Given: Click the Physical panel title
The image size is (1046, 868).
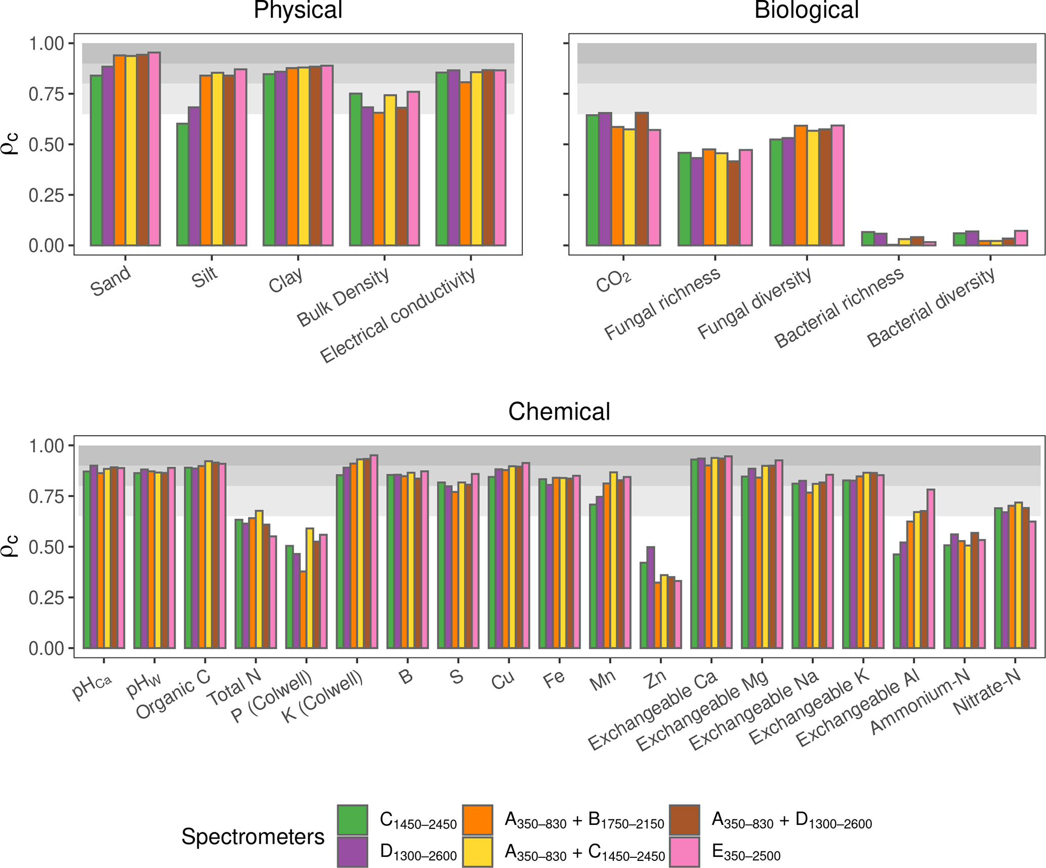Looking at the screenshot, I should tap(298, 10).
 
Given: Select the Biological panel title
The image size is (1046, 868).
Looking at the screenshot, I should tap(807, 10).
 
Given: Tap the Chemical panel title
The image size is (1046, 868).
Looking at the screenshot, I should tap(559, 411).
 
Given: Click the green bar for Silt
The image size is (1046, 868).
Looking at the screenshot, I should tap(182, 185).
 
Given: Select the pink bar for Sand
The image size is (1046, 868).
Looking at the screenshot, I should tap(154, 149).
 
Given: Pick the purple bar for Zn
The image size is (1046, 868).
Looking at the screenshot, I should tap(651, 597).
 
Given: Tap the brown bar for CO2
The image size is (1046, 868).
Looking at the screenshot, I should tap(642, 179).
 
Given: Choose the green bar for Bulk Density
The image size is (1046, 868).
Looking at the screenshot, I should tap(355, 170).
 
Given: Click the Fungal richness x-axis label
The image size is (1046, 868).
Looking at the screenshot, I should tap(663, 304).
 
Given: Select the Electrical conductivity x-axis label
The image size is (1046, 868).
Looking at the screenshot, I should tap(398, 315).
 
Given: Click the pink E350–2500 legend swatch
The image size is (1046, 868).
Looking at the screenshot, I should tap(684, 852).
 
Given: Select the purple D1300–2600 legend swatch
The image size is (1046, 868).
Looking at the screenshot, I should tap(352, 852).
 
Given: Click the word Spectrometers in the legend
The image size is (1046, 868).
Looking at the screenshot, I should tap(253, 837).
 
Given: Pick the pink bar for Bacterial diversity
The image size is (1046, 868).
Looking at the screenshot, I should tap(1021, 238).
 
